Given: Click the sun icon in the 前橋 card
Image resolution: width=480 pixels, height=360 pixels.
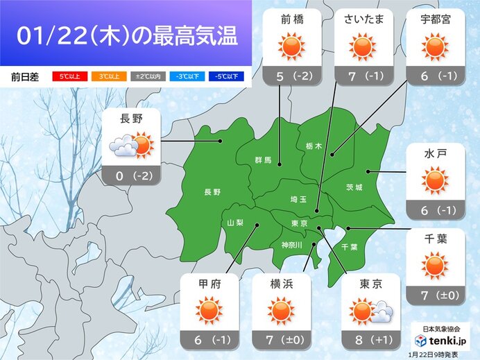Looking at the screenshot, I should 291,46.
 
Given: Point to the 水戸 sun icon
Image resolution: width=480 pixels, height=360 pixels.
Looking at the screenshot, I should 436,181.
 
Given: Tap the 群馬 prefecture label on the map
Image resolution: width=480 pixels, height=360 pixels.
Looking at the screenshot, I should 262,161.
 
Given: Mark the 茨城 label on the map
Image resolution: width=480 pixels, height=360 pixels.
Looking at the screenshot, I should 354,187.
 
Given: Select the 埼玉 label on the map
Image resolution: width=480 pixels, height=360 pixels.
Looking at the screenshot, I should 299,199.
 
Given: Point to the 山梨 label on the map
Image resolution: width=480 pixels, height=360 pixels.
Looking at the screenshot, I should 235,222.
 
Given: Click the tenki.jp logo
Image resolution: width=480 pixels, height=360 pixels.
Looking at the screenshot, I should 440,341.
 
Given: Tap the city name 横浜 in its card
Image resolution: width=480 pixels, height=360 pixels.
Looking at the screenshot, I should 280,284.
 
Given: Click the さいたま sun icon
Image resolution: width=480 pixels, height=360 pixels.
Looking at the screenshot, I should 361,46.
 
